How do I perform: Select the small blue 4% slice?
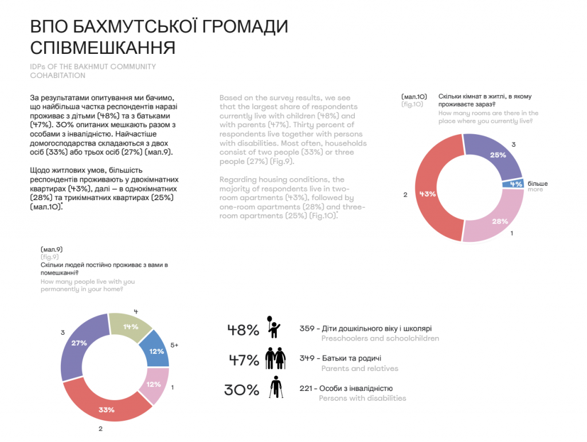(x=516, y=184)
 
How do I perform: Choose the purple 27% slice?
(x=79, y=343)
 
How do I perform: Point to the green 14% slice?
(x=131, y=327)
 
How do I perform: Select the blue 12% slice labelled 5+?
(x=156, y=351)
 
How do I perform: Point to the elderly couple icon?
(x=275, y=358)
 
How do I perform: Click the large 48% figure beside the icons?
(x=243, y=330)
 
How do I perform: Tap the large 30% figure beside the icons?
(x=241, y=390)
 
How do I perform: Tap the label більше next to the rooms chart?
(x=537, y=183)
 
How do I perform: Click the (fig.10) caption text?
(x=412, y=104)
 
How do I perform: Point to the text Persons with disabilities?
(x=362, y=398)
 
